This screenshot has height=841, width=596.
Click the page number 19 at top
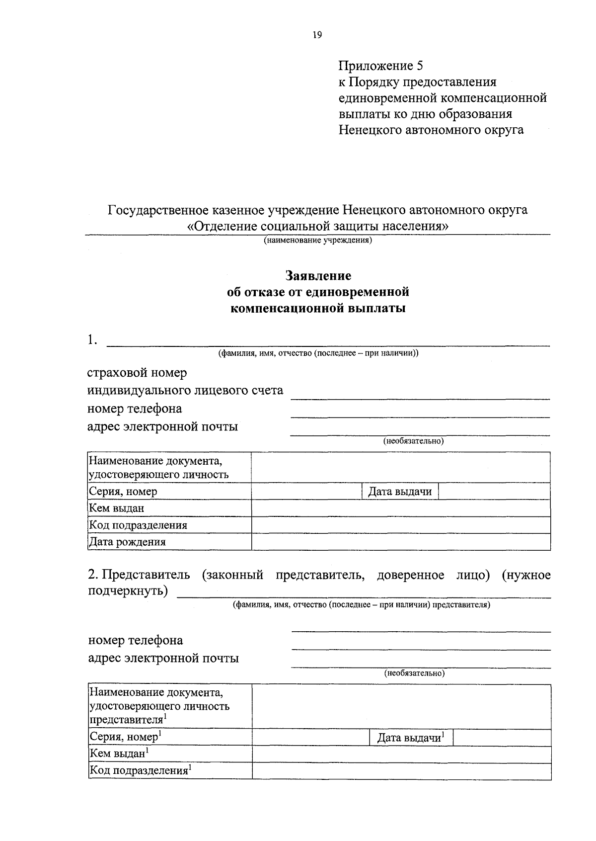(x=317, y=35)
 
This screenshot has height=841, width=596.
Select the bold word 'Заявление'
(x=318, y=276)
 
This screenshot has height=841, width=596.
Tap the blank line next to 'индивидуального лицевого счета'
(x=420, y=393)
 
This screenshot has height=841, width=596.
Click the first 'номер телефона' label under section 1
(x=135, y=409)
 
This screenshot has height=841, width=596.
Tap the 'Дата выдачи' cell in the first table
(x=400, y=492)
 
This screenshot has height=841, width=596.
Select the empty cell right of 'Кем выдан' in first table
(x=400, y=508)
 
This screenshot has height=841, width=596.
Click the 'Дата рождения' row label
(x=127, y=542)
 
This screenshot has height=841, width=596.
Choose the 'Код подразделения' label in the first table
(x=138, y=525)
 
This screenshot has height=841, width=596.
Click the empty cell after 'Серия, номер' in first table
(x=306, y=492)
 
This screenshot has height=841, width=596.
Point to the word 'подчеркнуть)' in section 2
(x=128, y=591)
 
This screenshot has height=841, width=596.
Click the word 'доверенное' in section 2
(x=410, y=575)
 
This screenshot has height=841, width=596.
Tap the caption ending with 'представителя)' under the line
(x=362, y=605)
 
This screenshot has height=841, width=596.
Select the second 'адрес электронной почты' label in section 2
(x=163, y=659)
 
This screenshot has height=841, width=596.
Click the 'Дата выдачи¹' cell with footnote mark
(x=411, y=738)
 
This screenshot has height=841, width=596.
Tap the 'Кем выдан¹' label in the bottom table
(x=119, y=754)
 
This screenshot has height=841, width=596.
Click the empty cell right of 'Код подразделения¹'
(x=401, y=771)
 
